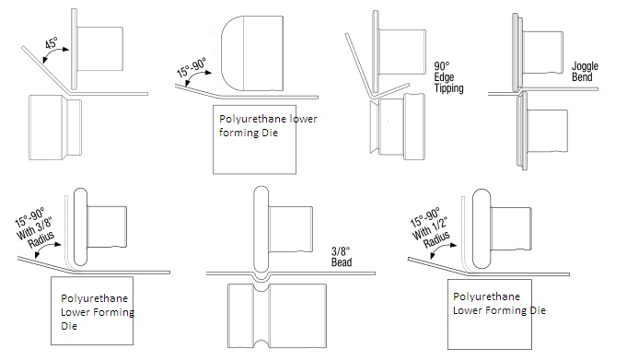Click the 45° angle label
[x=52, y=43]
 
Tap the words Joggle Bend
[x=585, y=72]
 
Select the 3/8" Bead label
[x=342, y=257]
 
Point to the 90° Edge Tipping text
[x=448, y=77]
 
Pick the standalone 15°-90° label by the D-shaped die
[x=192, y=67]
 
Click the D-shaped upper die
[x=252, y=53]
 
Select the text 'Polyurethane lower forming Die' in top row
[x=268, y=125]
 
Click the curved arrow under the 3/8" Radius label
[x=46, y=250]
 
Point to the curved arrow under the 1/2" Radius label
[x=442, y=250]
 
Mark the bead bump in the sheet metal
[x=261, y=276]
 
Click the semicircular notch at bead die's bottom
[x=261, y=343]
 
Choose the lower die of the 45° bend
[x=55, y=127]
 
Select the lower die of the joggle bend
[x=542, y=131]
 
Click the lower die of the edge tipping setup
[x=398, y=126]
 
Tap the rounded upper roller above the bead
[x=261, y=230]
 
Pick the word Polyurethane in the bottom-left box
[x=94, y=299]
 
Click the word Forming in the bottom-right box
[x=506, y=310]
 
